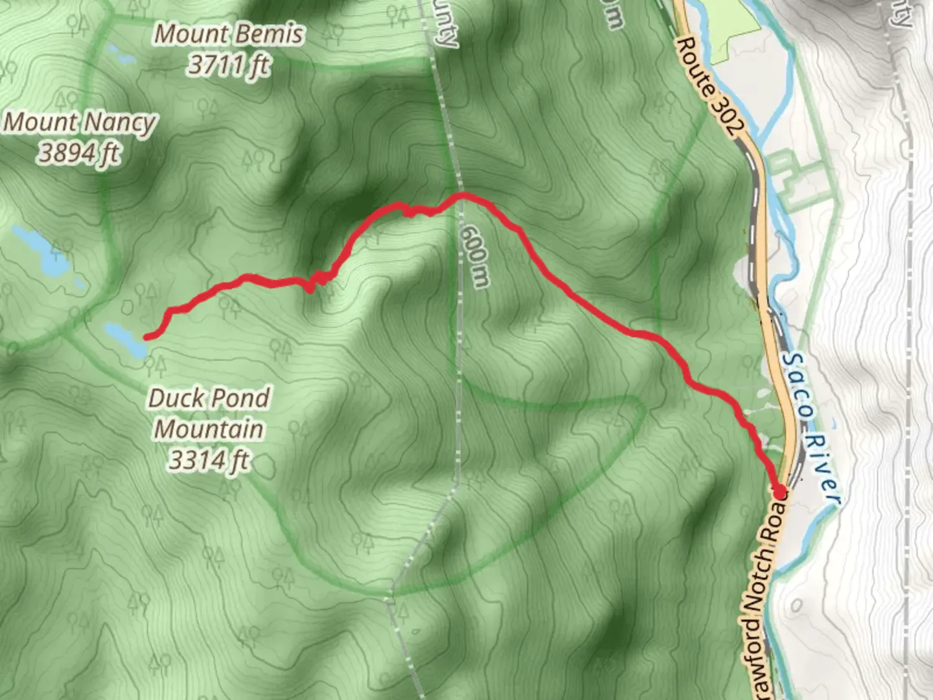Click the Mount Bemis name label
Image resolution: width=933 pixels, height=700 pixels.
point(229,34)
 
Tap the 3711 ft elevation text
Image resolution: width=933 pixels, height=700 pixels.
point(229,65)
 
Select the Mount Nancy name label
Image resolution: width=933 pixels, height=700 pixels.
point(80,122)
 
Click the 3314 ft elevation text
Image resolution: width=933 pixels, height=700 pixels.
point(209,460)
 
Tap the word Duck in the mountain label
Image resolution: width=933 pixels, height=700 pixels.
point(176,398)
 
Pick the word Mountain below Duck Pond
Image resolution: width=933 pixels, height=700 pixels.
point(209,429)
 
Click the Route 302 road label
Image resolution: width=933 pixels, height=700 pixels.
point(707,87)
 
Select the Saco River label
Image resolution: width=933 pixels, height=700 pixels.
point(810,428)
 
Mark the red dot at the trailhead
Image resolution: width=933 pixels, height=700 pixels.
point(779,491)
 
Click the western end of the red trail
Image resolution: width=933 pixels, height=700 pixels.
point(146,336)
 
